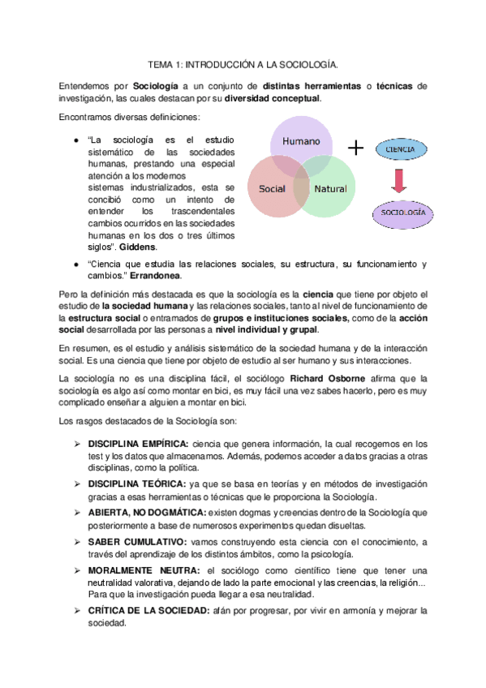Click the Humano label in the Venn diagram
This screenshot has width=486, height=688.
point(301,142)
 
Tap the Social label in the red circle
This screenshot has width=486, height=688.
point(272,188)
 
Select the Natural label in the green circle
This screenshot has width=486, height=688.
point(330,188)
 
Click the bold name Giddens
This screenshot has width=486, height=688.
point(139,247)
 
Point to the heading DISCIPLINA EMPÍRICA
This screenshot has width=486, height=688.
point(138,444)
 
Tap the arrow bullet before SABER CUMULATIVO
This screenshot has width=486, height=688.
point(77,541)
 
